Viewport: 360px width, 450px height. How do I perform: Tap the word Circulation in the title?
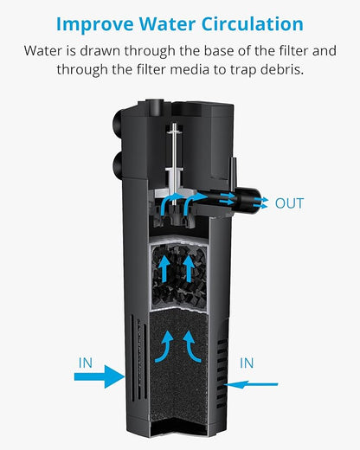pos(251,23)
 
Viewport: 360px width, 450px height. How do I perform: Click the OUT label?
pos(289,203)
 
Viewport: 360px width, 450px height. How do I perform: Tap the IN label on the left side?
pos(85,363)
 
